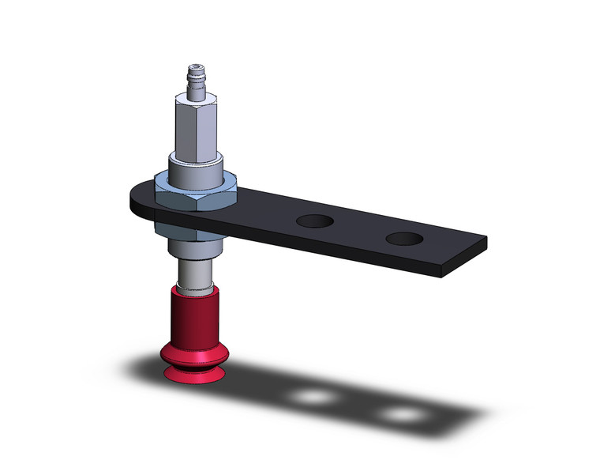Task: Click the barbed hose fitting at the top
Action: tap(193, 79)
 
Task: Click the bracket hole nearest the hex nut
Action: tap(313, 221)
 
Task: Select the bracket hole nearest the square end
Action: tap(403, 237)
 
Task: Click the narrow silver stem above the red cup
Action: tap(193, 273)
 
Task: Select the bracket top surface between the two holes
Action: tap(359, 229)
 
